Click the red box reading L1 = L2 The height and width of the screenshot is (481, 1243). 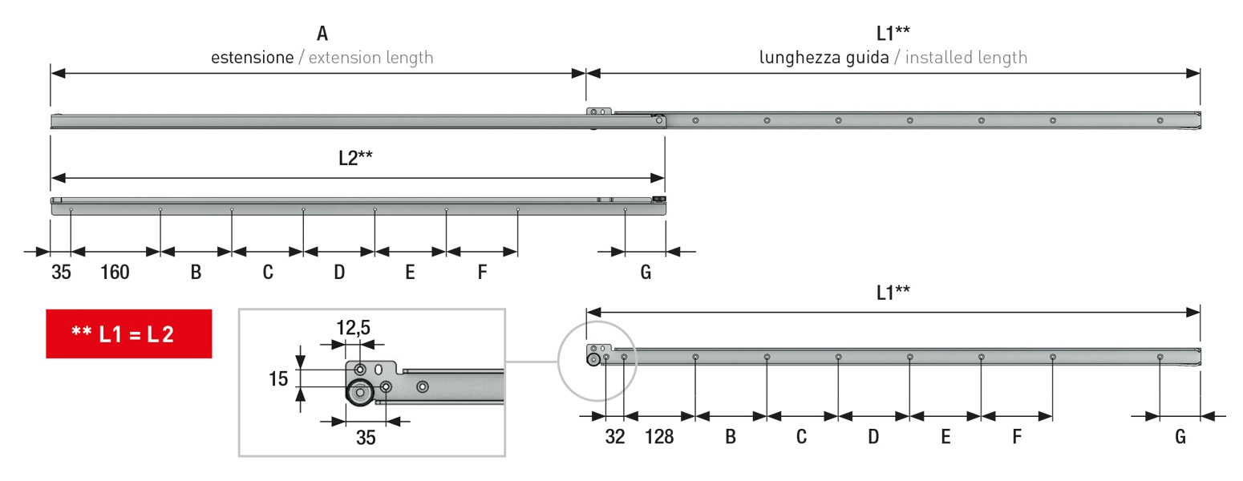click(x=129, y=333)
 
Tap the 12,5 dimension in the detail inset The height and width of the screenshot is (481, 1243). click(x=353, y=327)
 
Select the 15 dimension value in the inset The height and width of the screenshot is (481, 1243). click(x=278, y=379)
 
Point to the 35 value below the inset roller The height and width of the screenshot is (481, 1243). click(x=366, y=437)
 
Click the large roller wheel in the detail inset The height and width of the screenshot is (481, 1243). click(x=360, y=393)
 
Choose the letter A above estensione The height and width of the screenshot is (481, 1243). click(x=322, y=34)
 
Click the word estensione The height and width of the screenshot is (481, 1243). click(x=252, y=57)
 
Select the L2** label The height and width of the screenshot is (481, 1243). click(x=356, y=158)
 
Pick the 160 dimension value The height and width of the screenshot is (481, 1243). click(x=115, y=272)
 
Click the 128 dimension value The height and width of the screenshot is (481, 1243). click(x=659, y=437)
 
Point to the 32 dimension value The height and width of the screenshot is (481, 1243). click(x=615, y=437)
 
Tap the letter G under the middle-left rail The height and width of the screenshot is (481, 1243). click(x=646, y=272)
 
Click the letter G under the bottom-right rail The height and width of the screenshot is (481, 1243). click(x=1180, y=437)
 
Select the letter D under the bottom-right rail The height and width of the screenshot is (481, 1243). click(x=873, y=437)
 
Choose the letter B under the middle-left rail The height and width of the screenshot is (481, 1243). click(x=196, y=272)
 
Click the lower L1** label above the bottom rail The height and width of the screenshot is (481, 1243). click(x=893, y=293)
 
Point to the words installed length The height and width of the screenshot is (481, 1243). click(x=966, y=58)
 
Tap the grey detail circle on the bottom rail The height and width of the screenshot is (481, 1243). click(x=558, y=361)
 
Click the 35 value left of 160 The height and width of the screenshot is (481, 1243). click(x=61, y=272)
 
